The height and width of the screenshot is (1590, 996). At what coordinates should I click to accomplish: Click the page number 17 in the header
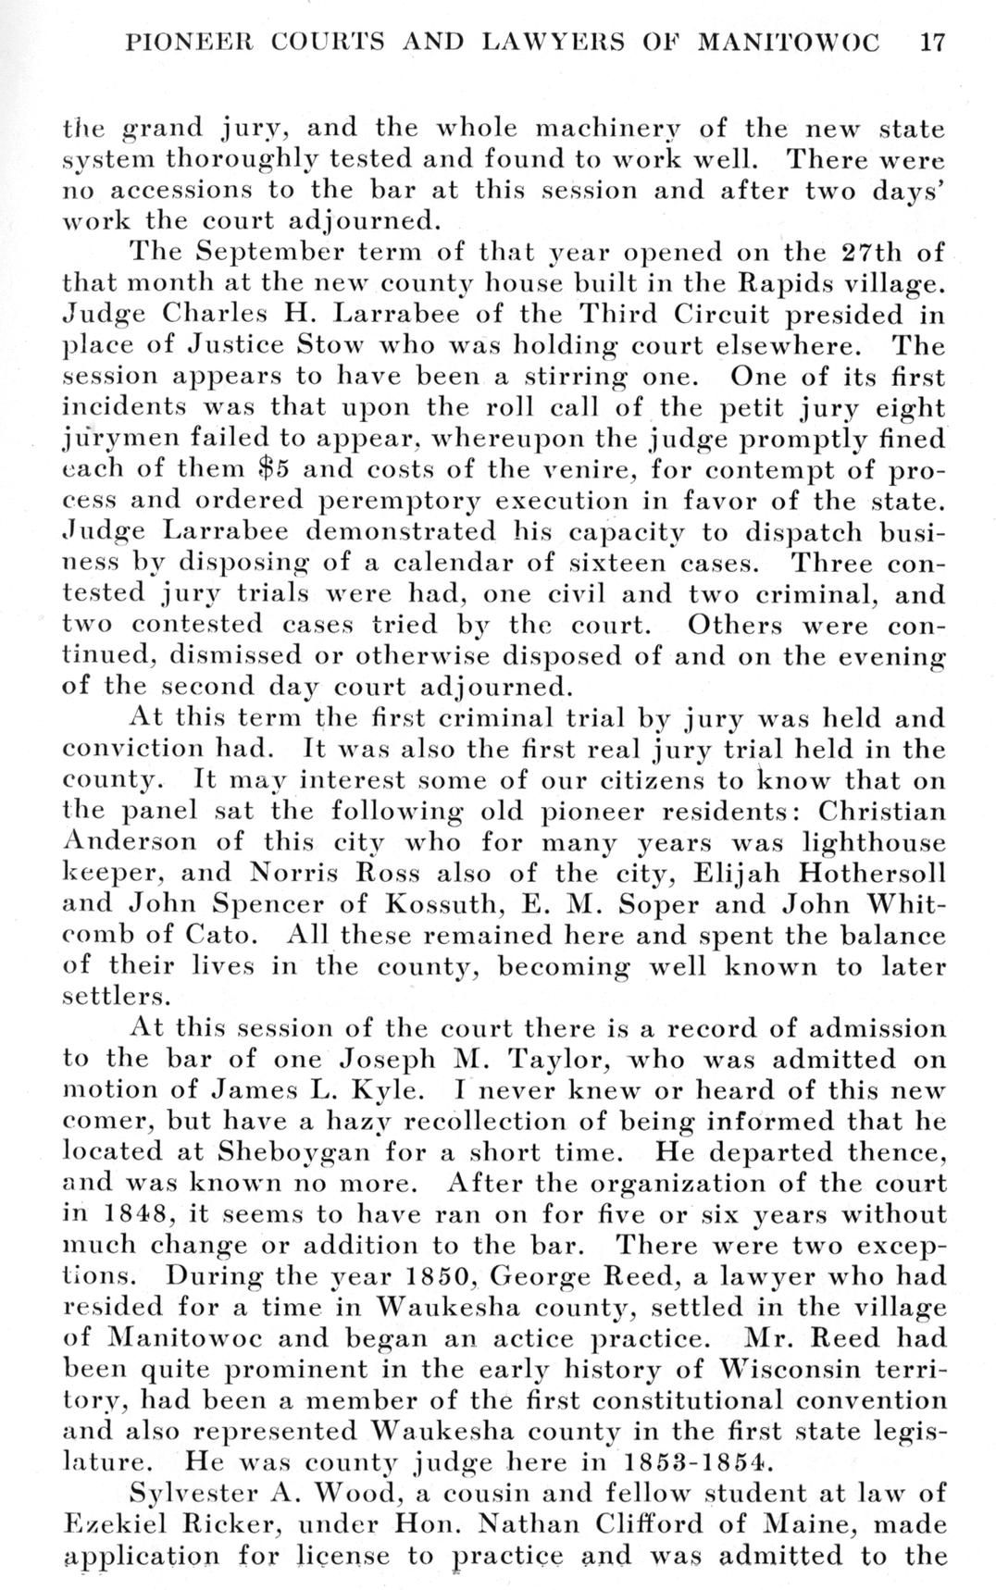(x=928, y=43)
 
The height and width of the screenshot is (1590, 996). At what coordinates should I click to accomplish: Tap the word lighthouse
(x=875, y=842)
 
